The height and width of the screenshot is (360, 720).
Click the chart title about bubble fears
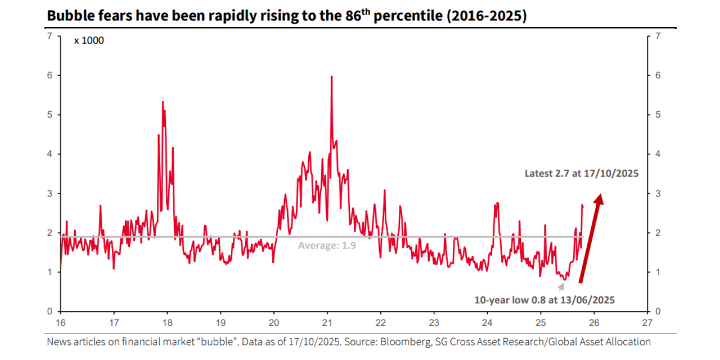pos(286,16)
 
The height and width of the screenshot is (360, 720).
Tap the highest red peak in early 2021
pos(331,77)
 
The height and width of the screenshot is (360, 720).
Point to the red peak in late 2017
pos(163,102)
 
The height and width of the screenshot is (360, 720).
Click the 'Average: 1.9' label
pos(327,245)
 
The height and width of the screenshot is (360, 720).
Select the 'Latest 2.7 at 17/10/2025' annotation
pos(581,174)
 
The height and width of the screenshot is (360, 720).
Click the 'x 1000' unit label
pos(89,40)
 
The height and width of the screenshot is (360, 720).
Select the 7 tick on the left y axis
pos(49,36)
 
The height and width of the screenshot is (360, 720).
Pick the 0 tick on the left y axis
pos(49,311)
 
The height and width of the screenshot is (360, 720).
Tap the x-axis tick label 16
pos(61,323)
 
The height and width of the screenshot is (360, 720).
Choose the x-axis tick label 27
pos(647,323)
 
